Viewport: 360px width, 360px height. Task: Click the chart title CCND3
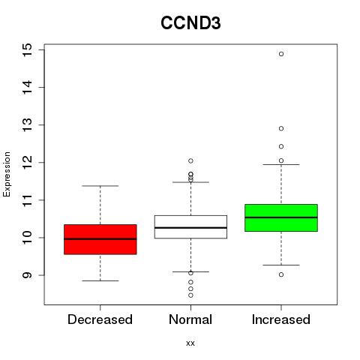[190, 23]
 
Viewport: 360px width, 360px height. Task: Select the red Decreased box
[100, 239]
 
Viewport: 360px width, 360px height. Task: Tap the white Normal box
[190, 226]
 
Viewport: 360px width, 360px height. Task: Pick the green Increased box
[281, 217]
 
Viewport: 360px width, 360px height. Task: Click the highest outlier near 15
[281, 54]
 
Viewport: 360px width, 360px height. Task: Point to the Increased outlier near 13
[281, 128]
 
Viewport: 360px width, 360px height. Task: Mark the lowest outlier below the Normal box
[190, 295]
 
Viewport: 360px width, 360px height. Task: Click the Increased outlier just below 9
[281, 274]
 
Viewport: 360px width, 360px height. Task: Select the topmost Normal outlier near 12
[190, 160]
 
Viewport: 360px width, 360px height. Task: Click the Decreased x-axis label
[100, 319]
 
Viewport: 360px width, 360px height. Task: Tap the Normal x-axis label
[190, 319]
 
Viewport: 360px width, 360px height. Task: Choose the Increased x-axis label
[281, 319]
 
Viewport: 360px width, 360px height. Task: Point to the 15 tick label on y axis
[27, 50]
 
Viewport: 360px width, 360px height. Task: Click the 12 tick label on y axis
[27, 163]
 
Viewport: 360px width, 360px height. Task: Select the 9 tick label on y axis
[27, 275]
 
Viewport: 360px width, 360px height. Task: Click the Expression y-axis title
[7, 174]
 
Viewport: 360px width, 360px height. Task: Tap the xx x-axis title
[190, 343]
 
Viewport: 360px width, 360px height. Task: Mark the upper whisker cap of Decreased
[100, 186]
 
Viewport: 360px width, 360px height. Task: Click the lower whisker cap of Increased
[281, 265]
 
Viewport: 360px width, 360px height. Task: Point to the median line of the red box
[100, 239]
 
